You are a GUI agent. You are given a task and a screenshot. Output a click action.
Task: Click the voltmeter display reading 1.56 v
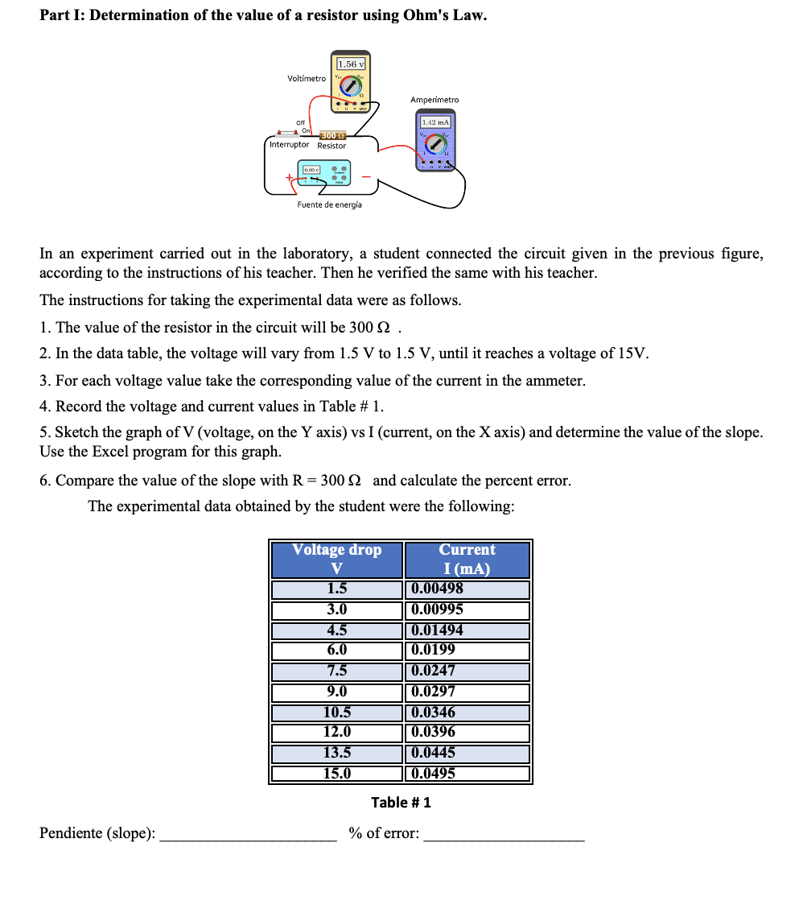click(351, 64)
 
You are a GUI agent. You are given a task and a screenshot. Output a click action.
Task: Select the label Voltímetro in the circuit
click(307, 78)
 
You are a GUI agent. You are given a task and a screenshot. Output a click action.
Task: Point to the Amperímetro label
click(435, 100)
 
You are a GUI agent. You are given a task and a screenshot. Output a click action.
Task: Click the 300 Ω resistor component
click(332, 135)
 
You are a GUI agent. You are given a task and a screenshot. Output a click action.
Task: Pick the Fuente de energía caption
click(329, 204)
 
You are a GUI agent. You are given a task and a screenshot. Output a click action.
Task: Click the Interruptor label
click(289, 145)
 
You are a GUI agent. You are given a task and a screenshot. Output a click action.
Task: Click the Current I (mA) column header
click(467, 559)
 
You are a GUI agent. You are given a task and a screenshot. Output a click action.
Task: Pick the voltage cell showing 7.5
click(336, 671)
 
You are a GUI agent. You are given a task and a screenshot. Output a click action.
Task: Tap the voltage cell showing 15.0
click(336, 774)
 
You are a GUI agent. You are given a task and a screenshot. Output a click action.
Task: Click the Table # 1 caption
click(401, 802)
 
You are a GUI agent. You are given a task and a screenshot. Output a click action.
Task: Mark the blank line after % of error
click(504, 836)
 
